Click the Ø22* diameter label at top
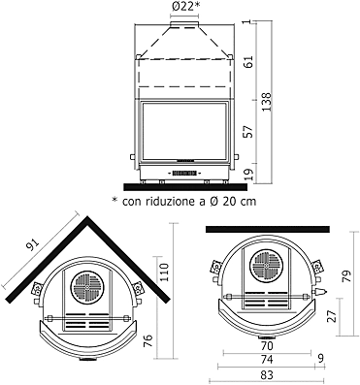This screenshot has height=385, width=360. [x=184, y=6]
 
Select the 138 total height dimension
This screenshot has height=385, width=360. [x=267, y=102]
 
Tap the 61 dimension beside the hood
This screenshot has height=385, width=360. [x=248, y=61]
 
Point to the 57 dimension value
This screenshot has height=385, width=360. [x=248, y=132]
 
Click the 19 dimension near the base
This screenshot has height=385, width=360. [x=248, y=175]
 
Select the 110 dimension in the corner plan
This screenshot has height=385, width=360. [x=164, y=273]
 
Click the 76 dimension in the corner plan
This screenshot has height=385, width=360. [x=147, y=341]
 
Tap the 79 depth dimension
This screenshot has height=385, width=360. [x=346, y=276]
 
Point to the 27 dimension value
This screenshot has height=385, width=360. [x=331, y=316]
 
